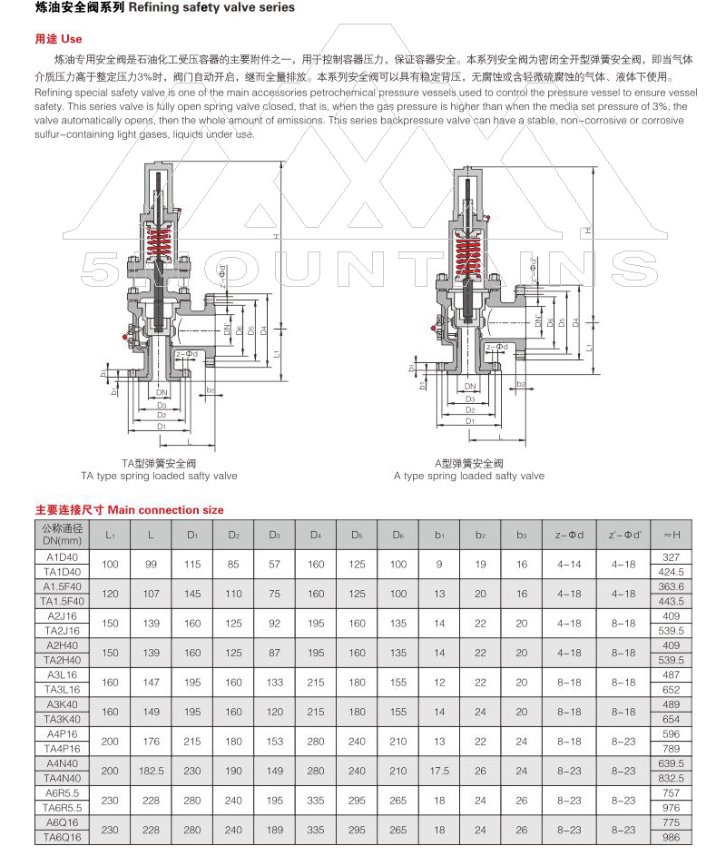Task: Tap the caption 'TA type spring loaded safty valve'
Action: [x=159, y=476]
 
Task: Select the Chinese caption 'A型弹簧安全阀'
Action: [x=468, y=463]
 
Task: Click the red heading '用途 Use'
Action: [x=58, y=39]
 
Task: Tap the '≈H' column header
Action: [x=672, y=534]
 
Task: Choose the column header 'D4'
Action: [x=316, y=534]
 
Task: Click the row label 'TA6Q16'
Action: [x=63, y=836]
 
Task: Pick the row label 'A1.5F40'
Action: [x=63, y=586]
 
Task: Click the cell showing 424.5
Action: [x=672, y=572]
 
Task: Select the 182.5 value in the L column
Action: [x=151, y=770]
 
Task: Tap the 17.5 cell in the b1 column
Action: [x=439, y=770]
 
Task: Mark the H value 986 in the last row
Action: [x=672, y=836]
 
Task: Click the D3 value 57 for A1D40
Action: [x=274, y=564]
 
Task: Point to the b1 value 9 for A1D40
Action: [x=439, y=564]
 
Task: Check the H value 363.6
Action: [x=672, y=586]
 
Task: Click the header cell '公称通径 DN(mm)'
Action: [x=63, y=534]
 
